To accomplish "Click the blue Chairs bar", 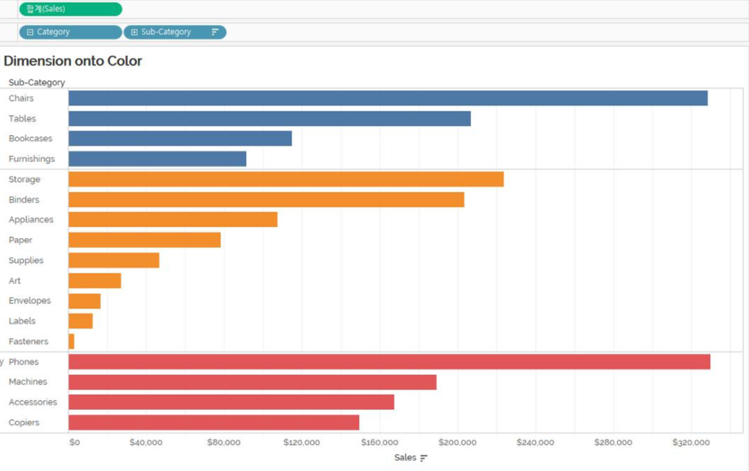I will click(387, 98).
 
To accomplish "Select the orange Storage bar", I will click(286, 179).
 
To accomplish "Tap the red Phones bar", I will click(389, 362).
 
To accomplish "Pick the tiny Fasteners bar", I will click(71, 342).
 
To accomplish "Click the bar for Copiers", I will click(213, 423).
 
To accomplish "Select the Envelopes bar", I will click(84, 301).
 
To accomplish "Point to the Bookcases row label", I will click(31, 139).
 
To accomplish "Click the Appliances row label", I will click(31, 220).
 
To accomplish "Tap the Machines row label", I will click(28, 382).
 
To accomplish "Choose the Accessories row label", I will click(33, 402).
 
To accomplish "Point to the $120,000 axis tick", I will click(301, 443).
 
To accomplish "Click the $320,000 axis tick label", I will click(691, 443).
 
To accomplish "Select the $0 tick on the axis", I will click(75, 443).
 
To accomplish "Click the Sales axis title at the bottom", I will click(405, 458).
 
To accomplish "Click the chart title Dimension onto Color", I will click(73, 61).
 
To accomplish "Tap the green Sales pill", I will click(70, 9).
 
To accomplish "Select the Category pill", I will click(70, 32).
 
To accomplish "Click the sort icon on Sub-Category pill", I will click(215, 32).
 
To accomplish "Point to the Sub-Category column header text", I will click(37, 82).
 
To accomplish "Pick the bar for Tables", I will click(269, 119).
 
